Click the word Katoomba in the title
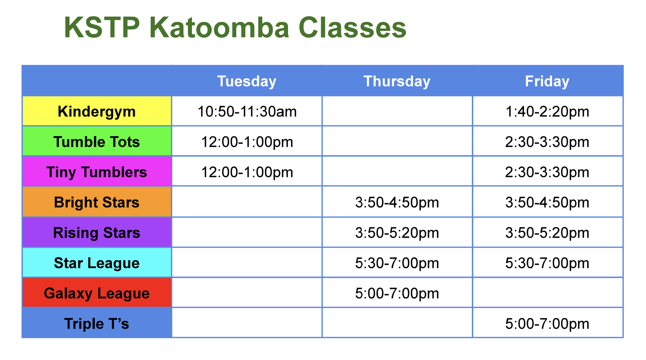pos(220,28)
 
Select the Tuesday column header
pos(247,81)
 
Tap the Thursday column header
pos(397,81)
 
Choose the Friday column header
pos(547,81)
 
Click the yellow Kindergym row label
pos(97,112)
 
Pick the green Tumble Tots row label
pos(97,142)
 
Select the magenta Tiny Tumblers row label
pos(97,172)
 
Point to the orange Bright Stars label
pos(97,202)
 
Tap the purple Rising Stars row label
pos(97,233)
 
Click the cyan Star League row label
pos(97,263)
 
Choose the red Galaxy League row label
pos(97,293)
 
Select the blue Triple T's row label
pos(97,324)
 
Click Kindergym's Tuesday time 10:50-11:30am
pos(247,112)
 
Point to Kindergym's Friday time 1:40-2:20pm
pos(547,112)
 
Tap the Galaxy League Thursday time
pos(397,293)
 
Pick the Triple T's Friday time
pos(547,324)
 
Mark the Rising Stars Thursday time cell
pos(397,233)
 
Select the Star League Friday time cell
pos(547,263)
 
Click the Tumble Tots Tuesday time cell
pos(247,142)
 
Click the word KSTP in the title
pos(102,28)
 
